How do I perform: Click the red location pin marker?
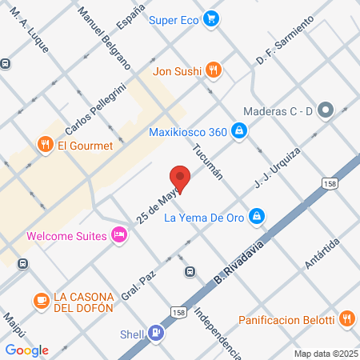point(180,180)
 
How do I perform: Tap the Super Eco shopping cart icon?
point(211,18)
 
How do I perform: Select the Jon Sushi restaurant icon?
point(212,70)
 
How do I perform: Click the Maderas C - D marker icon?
point(326,110)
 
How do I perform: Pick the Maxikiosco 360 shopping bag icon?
point(238,130)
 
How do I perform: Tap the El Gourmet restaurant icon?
point(44,144)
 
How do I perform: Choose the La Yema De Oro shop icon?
point(256,215)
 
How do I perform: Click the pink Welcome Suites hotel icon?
point(119,235)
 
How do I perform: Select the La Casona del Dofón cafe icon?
point(40,300)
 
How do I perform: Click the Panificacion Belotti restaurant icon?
point(346,318)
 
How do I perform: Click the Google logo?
point(26,350)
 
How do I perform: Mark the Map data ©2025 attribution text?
point(324,353)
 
